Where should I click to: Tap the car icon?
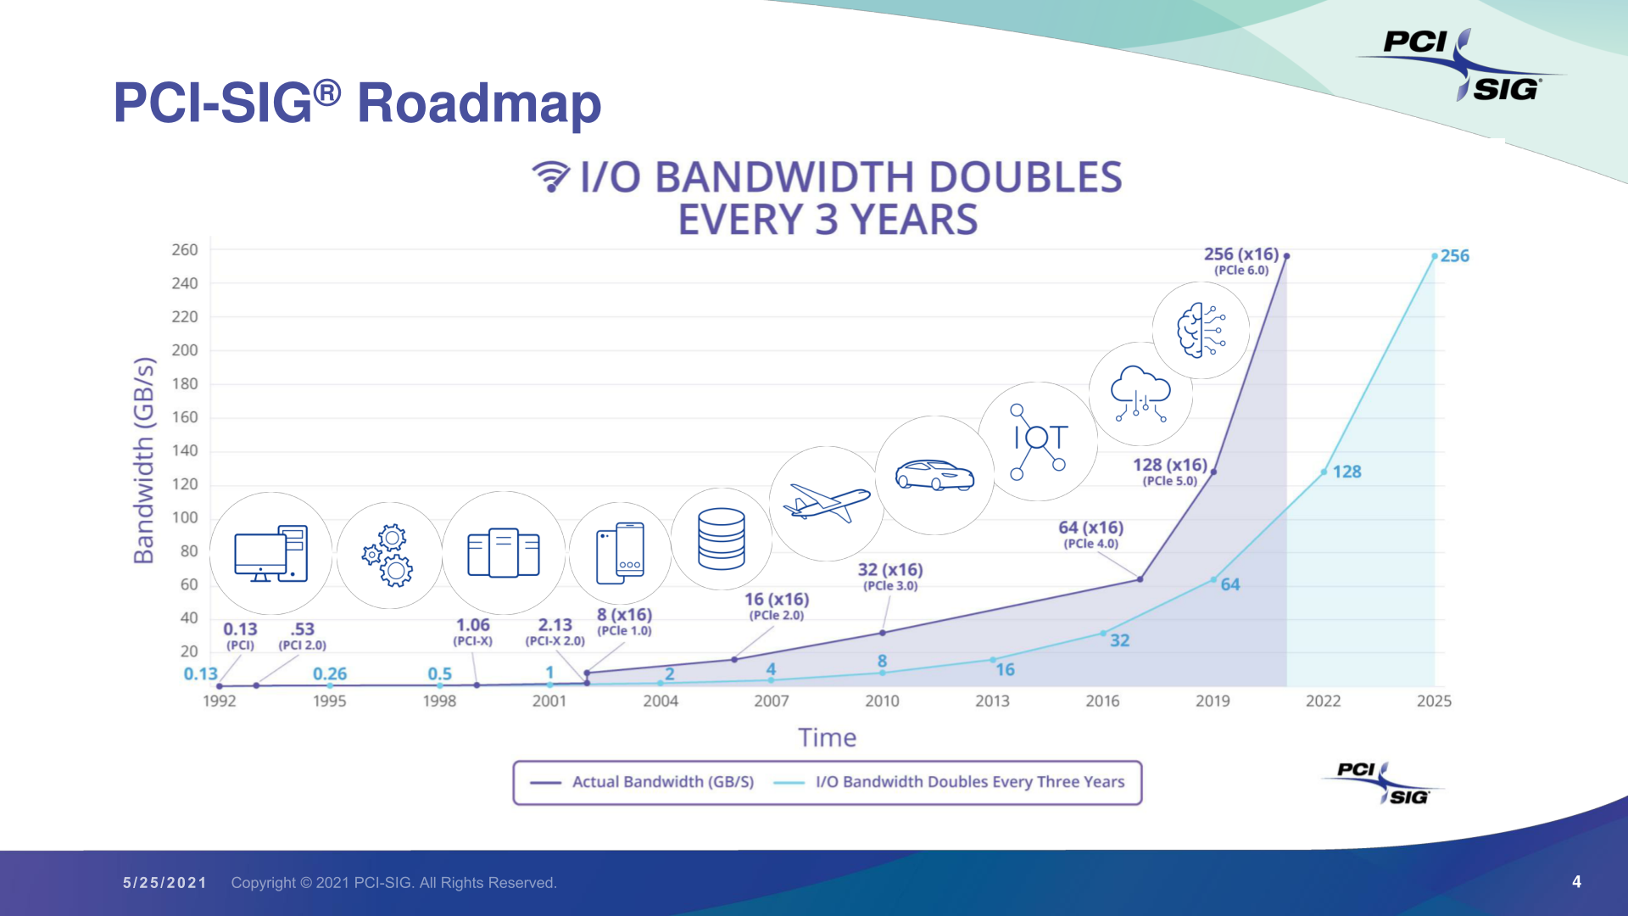click(x=934, y=475)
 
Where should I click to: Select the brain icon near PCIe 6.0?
click(x=1201, y=330)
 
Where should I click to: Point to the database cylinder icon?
click(x=722, y=539)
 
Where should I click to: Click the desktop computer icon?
click(x=270, y=553)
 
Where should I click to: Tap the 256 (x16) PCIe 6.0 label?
click(x=1241, y=260)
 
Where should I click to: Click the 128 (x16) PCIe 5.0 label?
click(x=1170, y=471)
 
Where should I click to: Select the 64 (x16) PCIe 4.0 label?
click(x=1091, y=534)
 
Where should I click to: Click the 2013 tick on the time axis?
click(x=992, y=701)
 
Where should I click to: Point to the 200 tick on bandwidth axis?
click(x=185, y=350)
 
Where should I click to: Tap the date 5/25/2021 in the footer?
click(x=164, y=883)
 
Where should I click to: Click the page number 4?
click(x=1576, y=882)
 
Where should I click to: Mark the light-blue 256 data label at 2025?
click(x=1454, y=256)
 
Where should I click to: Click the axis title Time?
click(x=827, y=738)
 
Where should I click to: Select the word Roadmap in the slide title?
click(x=479, y=103)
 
